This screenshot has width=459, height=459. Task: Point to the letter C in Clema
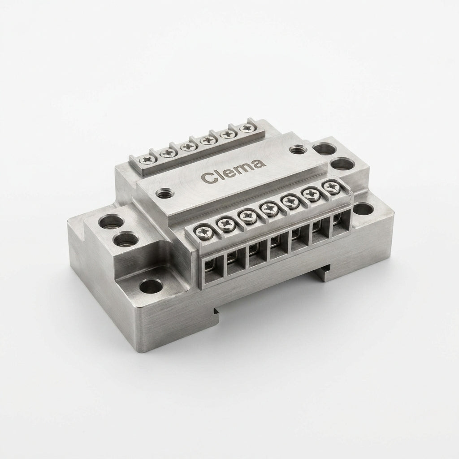(x=207, y=178)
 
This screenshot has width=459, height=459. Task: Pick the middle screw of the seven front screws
(x=269, y=208)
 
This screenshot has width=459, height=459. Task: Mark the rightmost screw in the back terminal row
(x=247, y=128)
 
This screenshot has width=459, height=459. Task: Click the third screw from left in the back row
(x=187, y=147)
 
